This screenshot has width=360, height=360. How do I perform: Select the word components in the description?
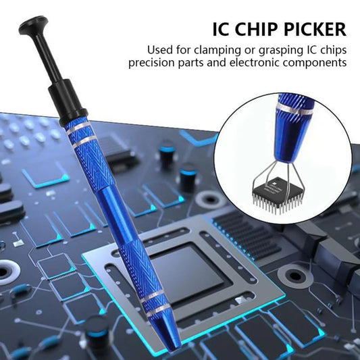point(321,63)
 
